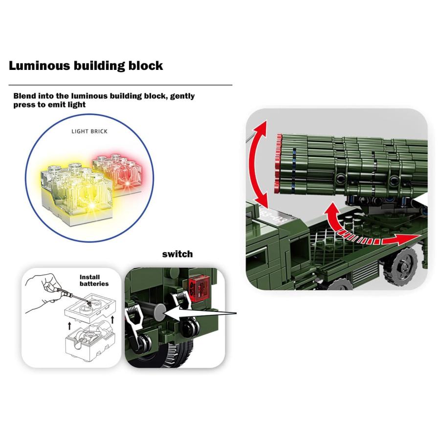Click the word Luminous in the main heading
(x=39, y=66)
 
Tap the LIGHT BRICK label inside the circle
(x=89, y=132)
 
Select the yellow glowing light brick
(x=76, y=193)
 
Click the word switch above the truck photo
(x=177, y=254)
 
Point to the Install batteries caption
(x=94, y=280)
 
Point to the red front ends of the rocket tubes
(x=278, y=164)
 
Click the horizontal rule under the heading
(x=120, y=85)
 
